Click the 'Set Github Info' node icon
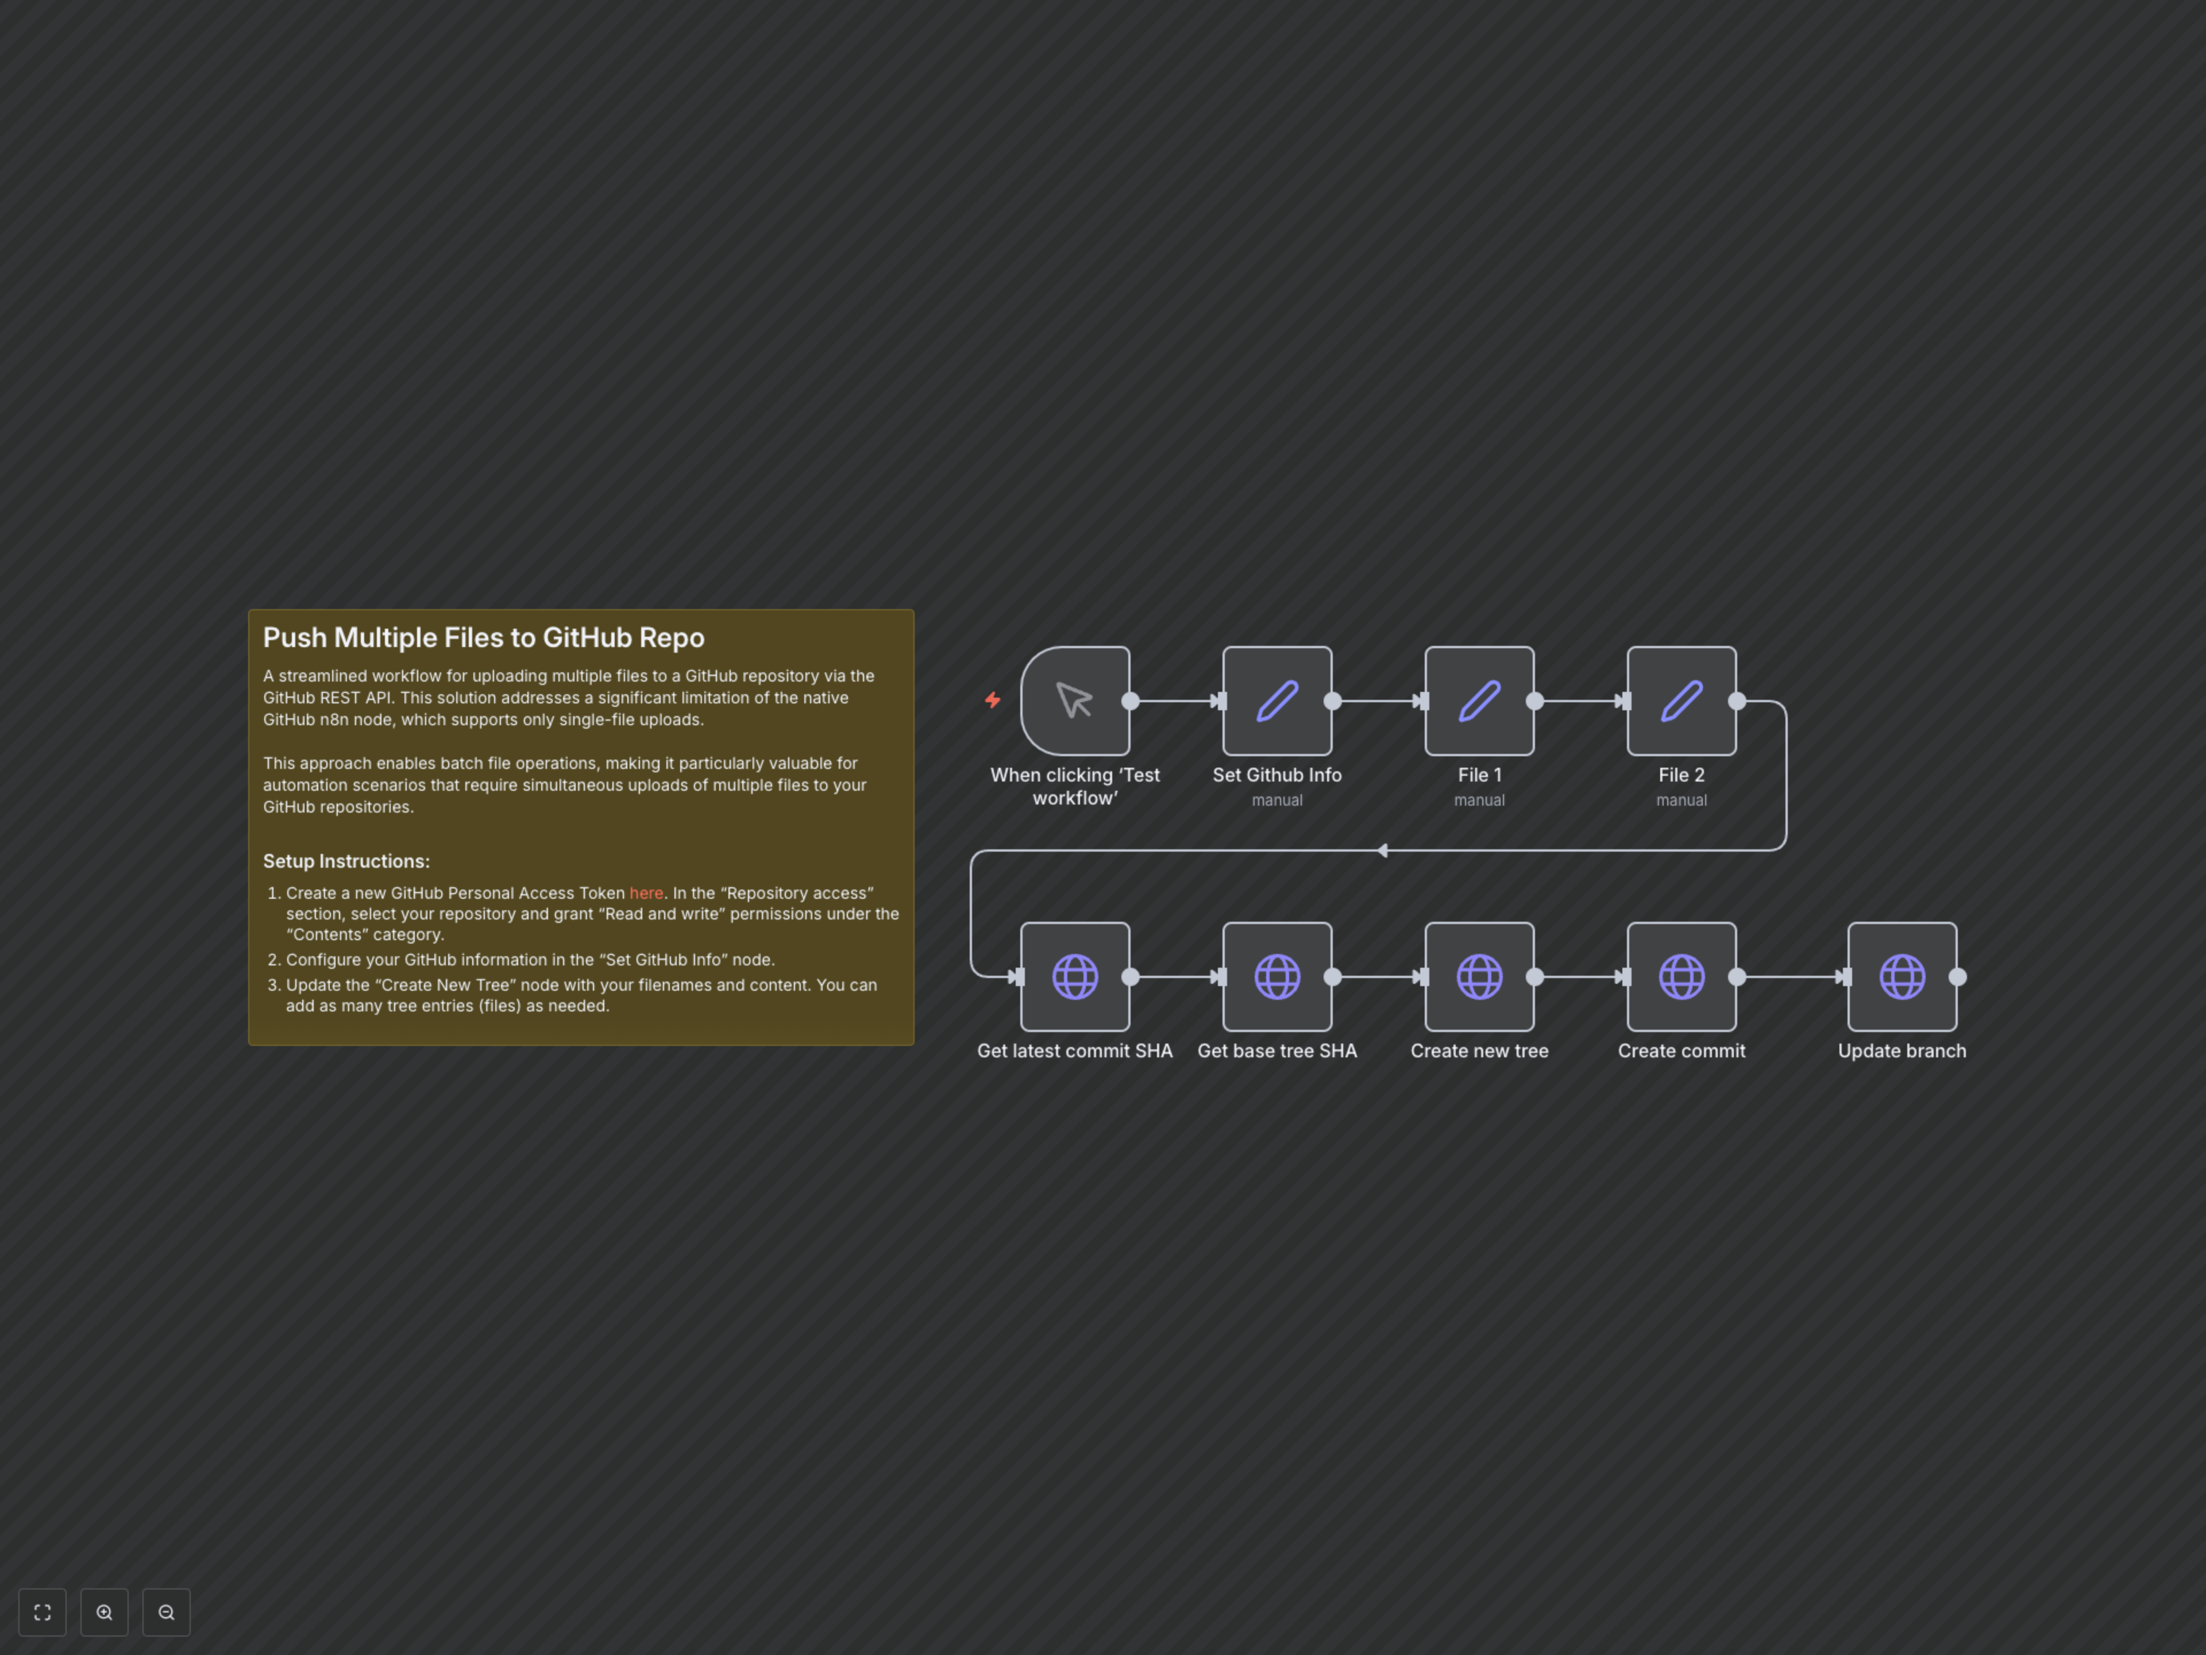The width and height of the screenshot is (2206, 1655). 1276,701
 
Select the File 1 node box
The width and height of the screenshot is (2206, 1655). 1479,701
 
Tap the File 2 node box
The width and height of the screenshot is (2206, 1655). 1682,701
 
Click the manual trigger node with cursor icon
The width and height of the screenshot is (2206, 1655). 1075,701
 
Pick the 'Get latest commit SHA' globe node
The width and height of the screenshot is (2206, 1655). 1075,977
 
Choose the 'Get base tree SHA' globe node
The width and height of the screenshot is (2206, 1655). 1276,977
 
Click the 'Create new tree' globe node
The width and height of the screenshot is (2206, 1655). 1479,977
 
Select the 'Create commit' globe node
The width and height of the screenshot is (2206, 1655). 1682,977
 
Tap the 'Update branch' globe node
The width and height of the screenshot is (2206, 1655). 1902,977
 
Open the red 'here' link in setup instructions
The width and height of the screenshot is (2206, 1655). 645,893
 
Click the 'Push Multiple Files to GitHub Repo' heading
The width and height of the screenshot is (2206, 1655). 484,637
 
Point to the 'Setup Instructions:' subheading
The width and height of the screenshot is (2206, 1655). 346,861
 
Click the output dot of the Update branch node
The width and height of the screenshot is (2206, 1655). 1958,977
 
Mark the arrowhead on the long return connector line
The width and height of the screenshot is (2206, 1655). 1382,851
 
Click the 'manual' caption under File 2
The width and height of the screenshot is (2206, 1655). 1682,800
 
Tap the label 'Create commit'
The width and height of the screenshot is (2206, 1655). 1682,1050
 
